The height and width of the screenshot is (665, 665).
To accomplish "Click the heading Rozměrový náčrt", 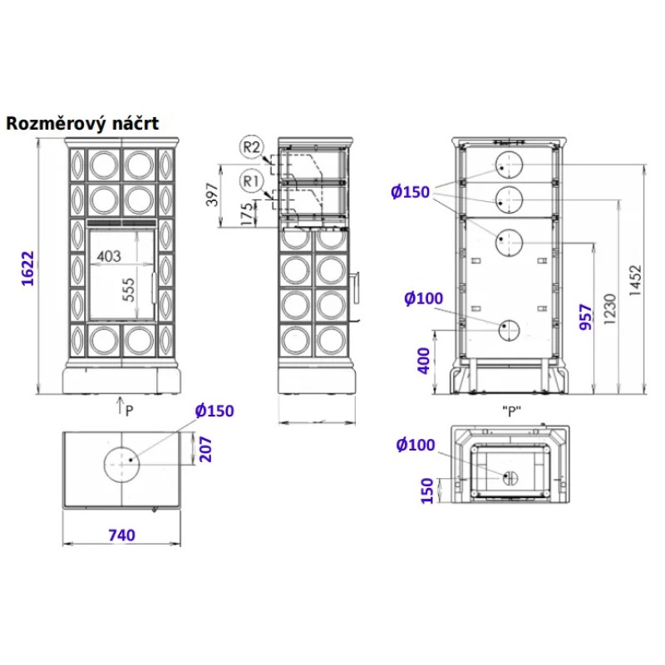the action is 82,124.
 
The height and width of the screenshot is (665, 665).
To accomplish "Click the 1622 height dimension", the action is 27,268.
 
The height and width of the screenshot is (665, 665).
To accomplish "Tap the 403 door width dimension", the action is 109,256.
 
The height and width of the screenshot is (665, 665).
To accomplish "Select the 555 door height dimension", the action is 128,289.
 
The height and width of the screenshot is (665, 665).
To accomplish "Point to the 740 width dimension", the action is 121,535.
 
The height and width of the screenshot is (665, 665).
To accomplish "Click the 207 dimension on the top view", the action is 205,450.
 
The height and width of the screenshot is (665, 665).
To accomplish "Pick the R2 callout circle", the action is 251,147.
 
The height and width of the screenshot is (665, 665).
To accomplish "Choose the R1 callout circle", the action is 251,181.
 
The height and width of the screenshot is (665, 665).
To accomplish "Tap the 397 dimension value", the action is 212,195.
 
